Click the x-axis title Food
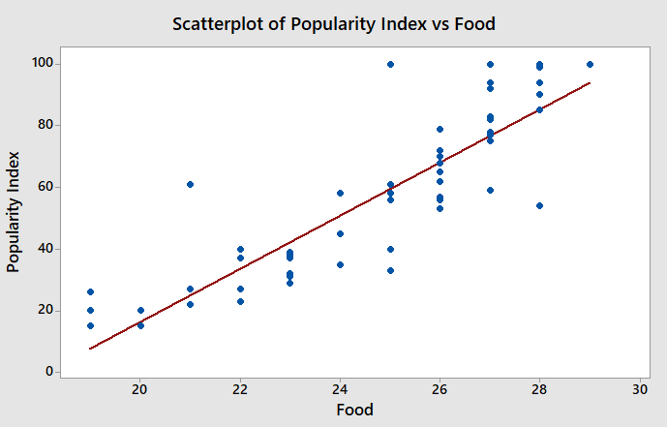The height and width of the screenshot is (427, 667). pos(354,410)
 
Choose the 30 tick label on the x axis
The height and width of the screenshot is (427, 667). pos(640,389)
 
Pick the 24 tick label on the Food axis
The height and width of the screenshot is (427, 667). pos(340,389)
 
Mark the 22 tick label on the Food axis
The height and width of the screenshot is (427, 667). pos(240,389)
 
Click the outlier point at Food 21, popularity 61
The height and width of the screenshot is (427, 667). pos(191,184)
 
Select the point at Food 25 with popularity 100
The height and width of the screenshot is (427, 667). pos(390,64)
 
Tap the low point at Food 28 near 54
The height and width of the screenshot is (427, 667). pos(540,205)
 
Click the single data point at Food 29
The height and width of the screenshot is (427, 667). pos(591,64)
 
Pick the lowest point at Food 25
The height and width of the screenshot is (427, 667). pos(390,270)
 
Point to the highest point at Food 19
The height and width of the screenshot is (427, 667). pos(91,291)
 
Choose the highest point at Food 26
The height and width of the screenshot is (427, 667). pos(440,129)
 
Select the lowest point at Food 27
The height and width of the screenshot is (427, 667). pos(491,190)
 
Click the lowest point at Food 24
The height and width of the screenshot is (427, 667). pos(341,264)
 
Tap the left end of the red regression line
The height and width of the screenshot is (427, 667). pos(91,348)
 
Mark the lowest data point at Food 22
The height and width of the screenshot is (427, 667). pos(240,301)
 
